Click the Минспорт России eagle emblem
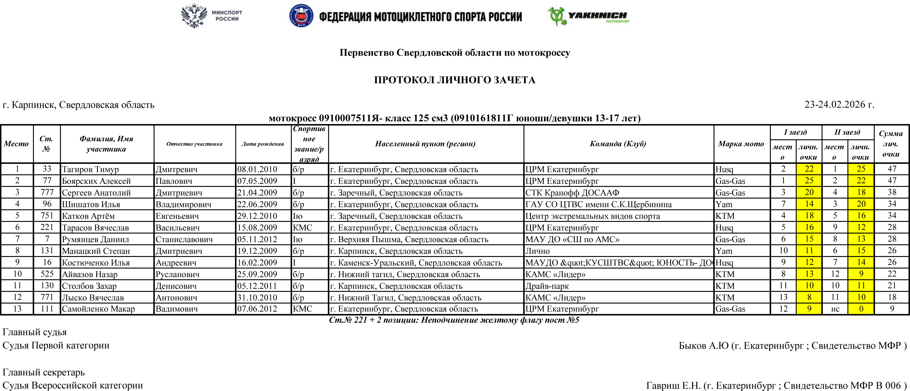[194, 16]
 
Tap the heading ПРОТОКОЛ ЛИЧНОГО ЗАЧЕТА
[455, 80]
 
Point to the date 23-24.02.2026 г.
[839, 104]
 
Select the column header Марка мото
[741, 144]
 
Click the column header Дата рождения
[263, 144]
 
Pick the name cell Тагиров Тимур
[91, 169]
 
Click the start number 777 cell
[47, 192]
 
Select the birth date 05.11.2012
[257, 239]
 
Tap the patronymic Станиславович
[184, 239]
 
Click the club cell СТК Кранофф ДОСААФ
[572, 192]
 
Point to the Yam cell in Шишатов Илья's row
[724, 204]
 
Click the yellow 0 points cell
[861, 309]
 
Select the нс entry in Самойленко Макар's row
[835, 309]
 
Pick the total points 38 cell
[892, 192]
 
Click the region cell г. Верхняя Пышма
[409, 239]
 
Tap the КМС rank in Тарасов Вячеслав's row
[302, 227]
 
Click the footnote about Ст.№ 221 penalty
[454, 320]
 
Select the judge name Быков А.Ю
[703, 345]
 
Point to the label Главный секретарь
[44, 372]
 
